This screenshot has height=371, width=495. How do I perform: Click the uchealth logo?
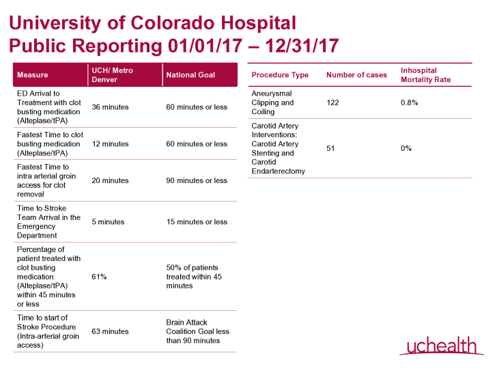click(x=437, y=346)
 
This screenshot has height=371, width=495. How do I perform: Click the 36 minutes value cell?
click(x=110, y=107)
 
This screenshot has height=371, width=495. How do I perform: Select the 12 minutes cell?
click(x=110, y=144)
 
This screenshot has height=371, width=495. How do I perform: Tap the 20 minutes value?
click(x=110, y=180)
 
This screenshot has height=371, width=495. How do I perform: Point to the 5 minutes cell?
click(x=108, y=221)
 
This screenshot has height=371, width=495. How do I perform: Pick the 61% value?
click(x=99, y=277)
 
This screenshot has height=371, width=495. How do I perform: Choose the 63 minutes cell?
click(x=110, y=331)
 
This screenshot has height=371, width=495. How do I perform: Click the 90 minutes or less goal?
click(x=197, y=180)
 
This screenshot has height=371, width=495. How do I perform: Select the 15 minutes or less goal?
click(x=197, y=221)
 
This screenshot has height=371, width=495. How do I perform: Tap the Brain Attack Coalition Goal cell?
click(x=197, y=331)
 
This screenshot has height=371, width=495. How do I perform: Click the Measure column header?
click(x=32, y=74)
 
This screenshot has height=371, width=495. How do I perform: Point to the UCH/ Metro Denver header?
click(x=112, y=74)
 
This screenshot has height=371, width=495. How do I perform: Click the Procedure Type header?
click(x=280, y=75)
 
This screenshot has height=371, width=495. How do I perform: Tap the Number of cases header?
click(x=356, y=75)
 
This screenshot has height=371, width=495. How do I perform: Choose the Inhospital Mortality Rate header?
click(x=425, y=75)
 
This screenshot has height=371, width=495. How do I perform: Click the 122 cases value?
click(x=333, y=102)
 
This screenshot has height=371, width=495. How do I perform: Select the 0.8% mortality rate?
click(x=409, y=102)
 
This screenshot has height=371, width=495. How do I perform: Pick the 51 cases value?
click(x=330, y=148)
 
